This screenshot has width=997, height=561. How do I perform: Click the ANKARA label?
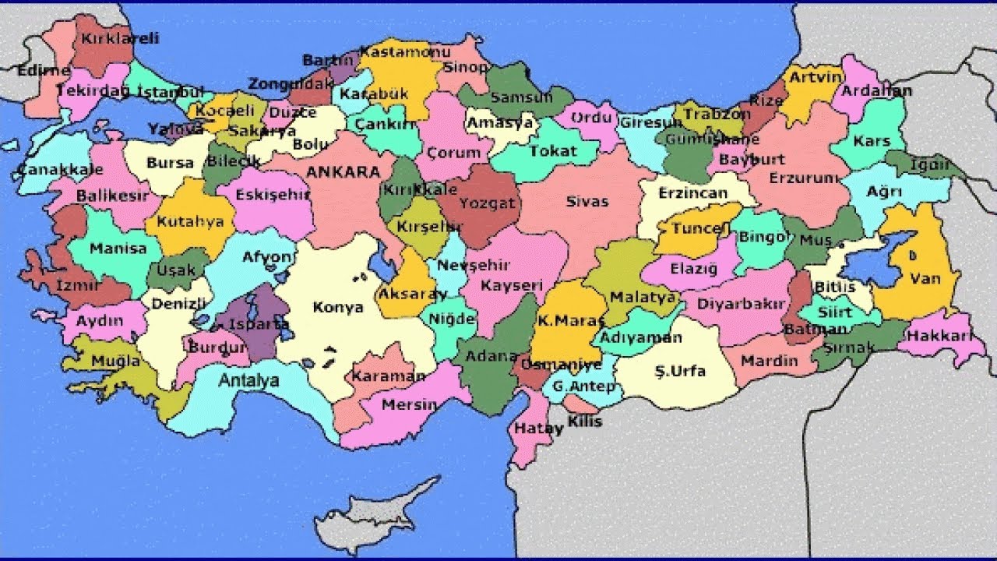(343, 171)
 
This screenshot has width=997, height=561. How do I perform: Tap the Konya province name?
(338, 307)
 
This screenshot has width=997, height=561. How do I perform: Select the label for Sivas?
(587, 202)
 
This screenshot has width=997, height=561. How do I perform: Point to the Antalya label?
(248, 381)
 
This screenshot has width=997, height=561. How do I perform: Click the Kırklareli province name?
(119, 38)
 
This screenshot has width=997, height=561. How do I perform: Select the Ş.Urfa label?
(679, 372)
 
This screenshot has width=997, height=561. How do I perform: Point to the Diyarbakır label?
(740, 304)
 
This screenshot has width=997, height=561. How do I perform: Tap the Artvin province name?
(815, 77)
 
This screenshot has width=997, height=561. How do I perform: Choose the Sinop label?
(466, 67)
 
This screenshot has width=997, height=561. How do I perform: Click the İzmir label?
(78, 286)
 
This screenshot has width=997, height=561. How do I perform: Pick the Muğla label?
(115, 362)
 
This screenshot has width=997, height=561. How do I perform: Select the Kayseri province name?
(511, 286)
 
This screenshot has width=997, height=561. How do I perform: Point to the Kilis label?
(585, 422)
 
